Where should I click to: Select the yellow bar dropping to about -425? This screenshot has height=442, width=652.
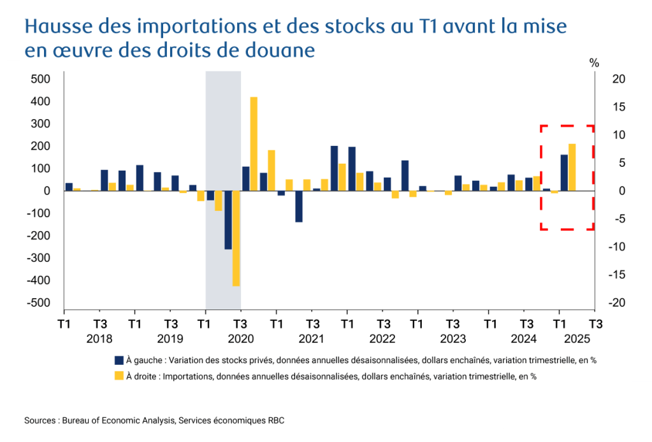236,238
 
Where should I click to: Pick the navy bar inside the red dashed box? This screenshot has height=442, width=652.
564,173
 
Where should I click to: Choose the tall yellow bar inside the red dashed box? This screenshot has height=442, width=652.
572,168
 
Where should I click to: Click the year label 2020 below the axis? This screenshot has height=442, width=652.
241,338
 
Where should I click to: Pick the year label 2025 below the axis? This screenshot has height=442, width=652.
577,338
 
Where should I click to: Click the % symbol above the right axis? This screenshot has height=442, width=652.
595,62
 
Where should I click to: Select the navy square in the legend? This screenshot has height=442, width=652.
118,360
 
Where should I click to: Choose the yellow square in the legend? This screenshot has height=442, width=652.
118,376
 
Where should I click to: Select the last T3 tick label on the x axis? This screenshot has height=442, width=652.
595,323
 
